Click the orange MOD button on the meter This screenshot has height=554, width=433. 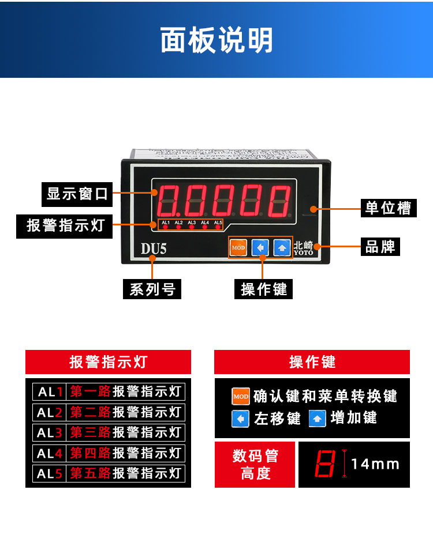click(238, 248)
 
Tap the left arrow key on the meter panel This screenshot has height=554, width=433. click(260, 248)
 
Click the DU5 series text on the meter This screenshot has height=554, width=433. click(154, 248)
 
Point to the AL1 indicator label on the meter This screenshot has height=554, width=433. click(166, 223)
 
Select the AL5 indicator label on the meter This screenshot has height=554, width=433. click(218, 223)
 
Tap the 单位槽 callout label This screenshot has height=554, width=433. click(388, 208)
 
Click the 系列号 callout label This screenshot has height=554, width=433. click(152, 289)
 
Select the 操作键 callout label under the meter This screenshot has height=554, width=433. click(264, 289)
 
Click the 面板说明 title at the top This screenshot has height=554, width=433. click(216, 40)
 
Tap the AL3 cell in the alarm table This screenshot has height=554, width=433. click(50, 432)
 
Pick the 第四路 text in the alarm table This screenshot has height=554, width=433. click(90, 453)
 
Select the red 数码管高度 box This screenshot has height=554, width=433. click(255, 465)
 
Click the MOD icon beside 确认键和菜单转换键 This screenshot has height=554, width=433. click(241, 397)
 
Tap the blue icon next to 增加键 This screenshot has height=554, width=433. click(318, 418)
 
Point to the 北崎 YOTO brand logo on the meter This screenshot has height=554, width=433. click(303, 248)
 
